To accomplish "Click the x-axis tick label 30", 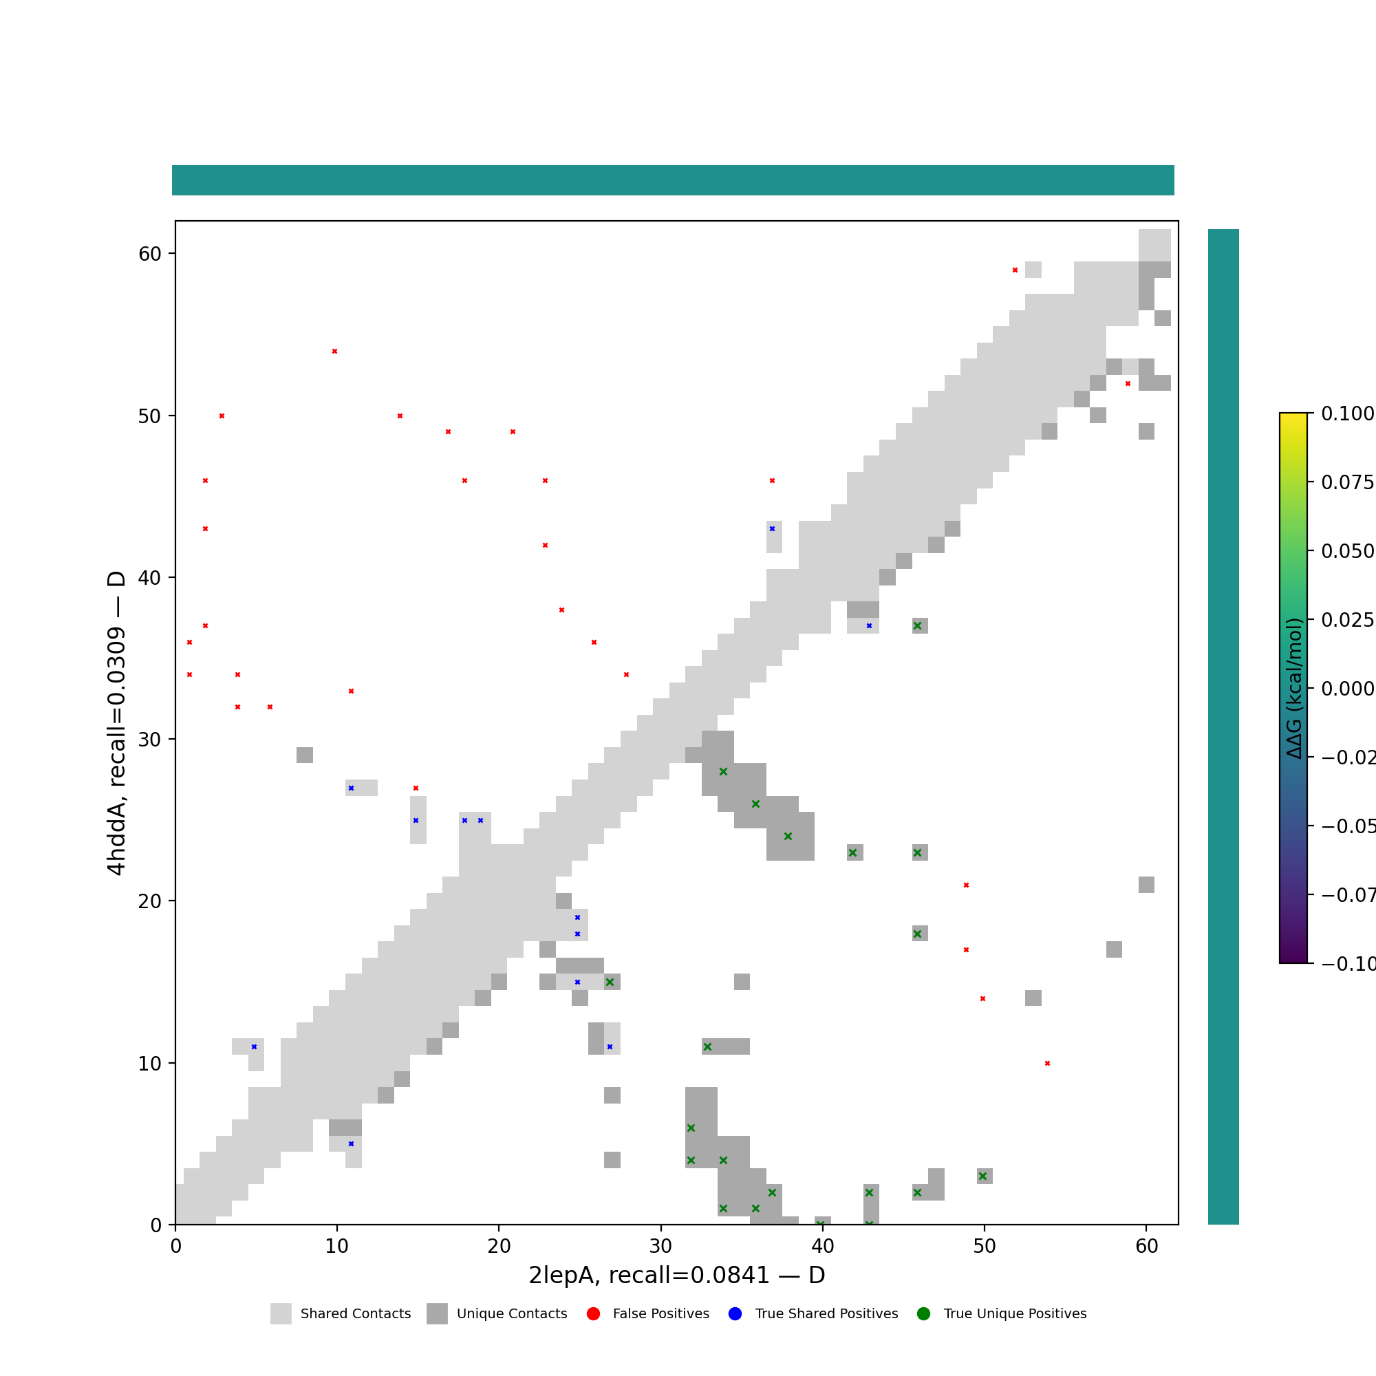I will pos(660,1247).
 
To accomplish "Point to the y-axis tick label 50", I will pos(149,416).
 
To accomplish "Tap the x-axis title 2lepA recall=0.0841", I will pos(676,1276).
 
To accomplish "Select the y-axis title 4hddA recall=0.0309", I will pos(116,723).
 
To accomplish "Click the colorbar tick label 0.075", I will pos(1347,483).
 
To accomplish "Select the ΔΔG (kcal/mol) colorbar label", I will pos(1294,688).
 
